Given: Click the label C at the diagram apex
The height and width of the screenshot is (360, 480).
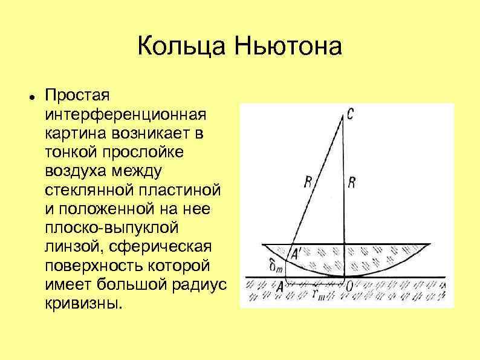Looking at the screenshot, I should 351,114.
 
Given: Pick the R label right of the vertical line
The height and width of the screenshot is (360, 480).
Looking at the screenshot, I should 352,183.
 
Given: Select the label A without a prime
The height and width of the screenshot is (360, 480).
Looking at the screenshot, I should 279,288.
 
